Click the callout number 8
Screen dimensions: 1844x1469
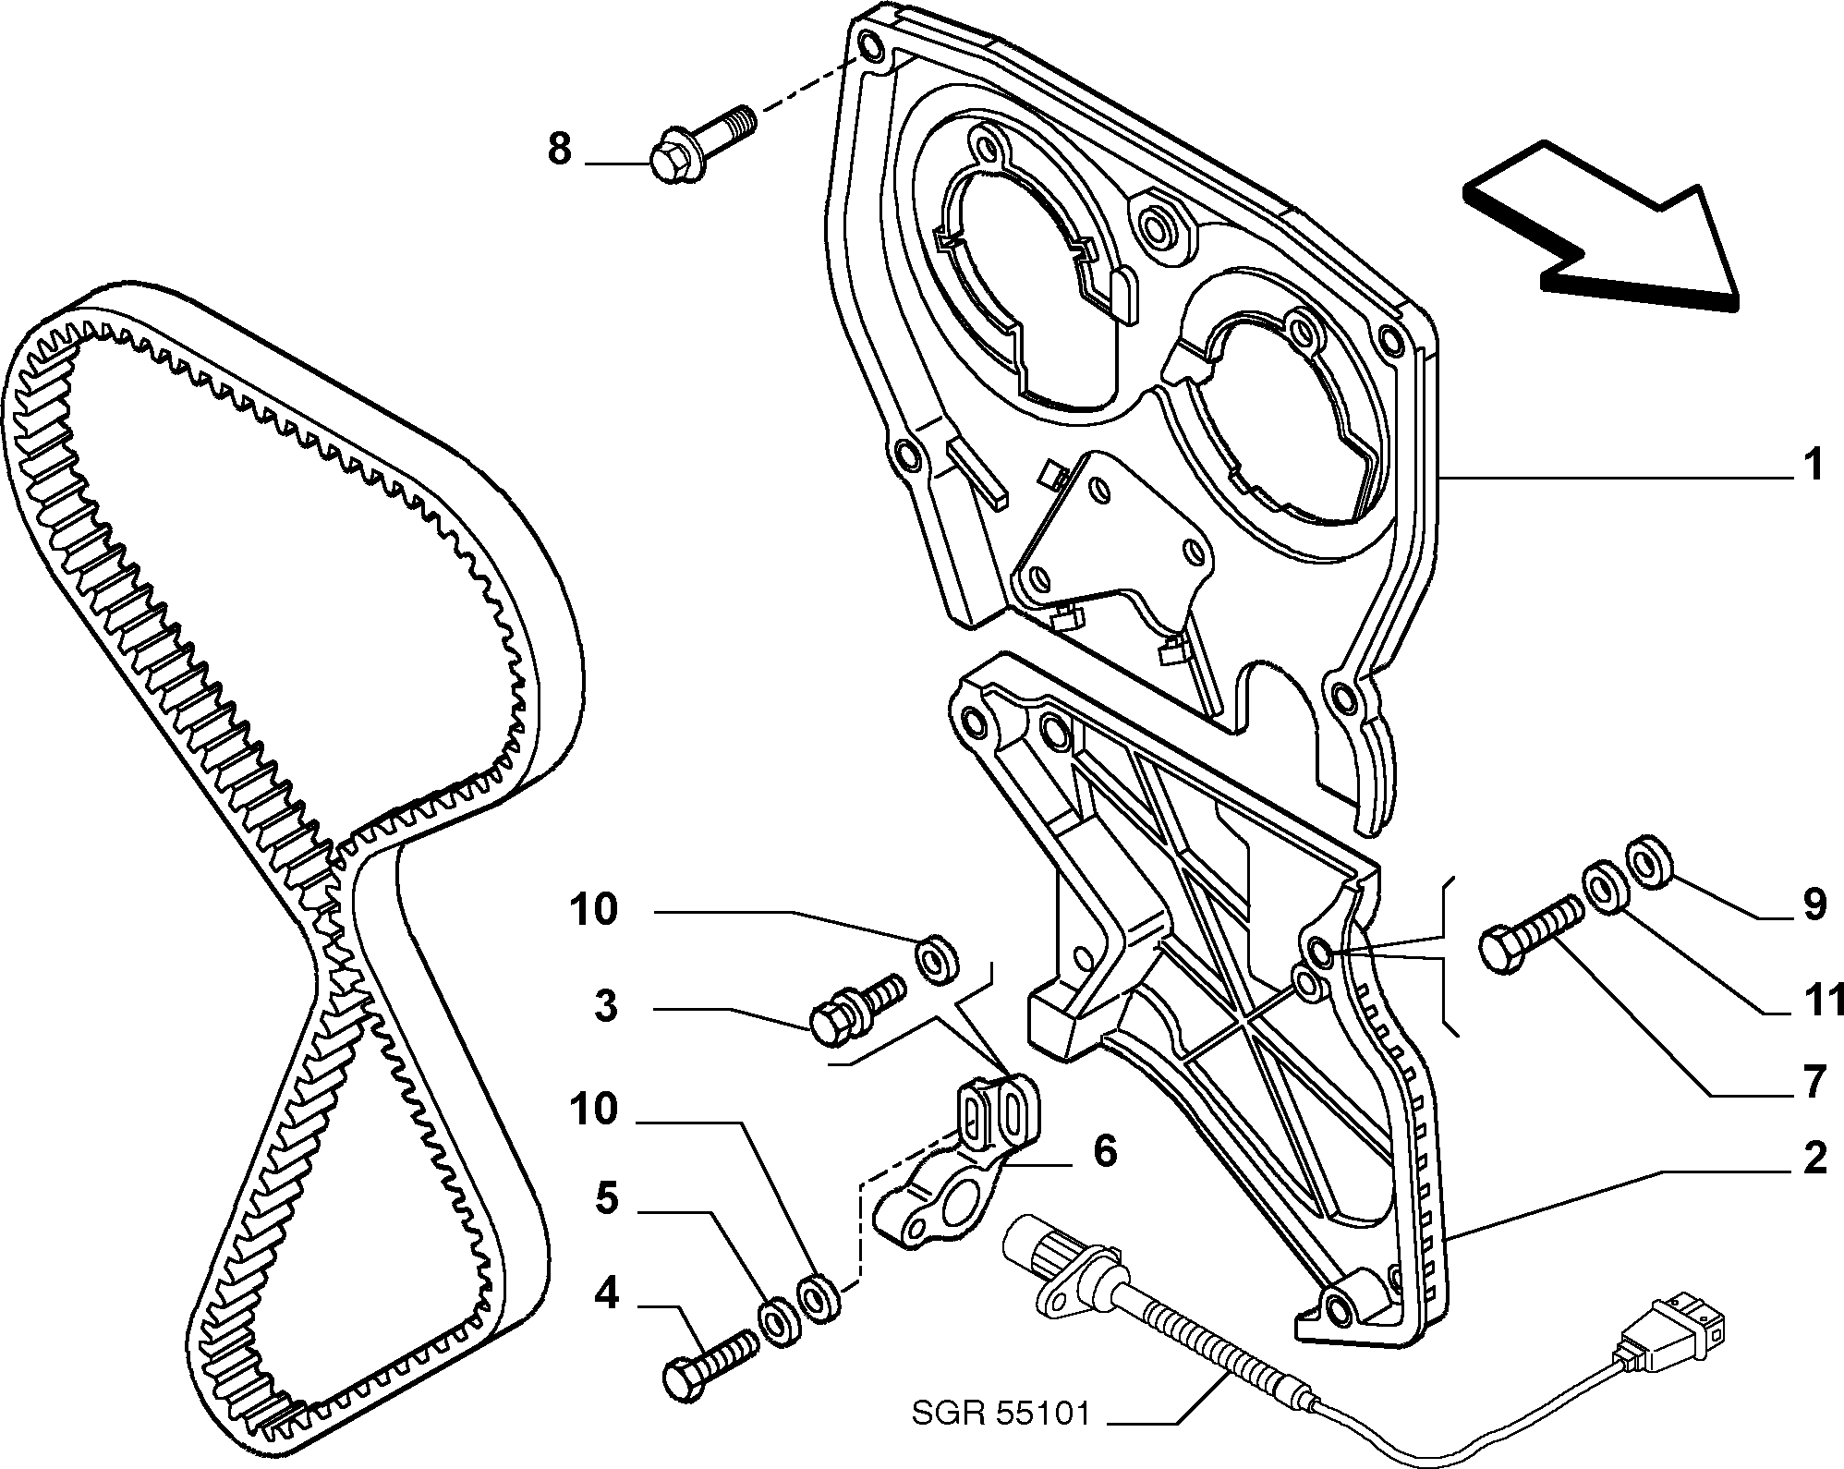point(560,149)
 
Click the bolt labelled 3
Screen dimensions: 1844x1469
point(855,1008)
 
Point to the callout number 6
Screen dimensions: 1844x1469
point(1105,1151)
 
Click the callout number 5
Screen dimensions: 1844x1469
point(605,1200)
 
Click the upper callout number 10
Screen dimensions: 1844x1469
point(593,910)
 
